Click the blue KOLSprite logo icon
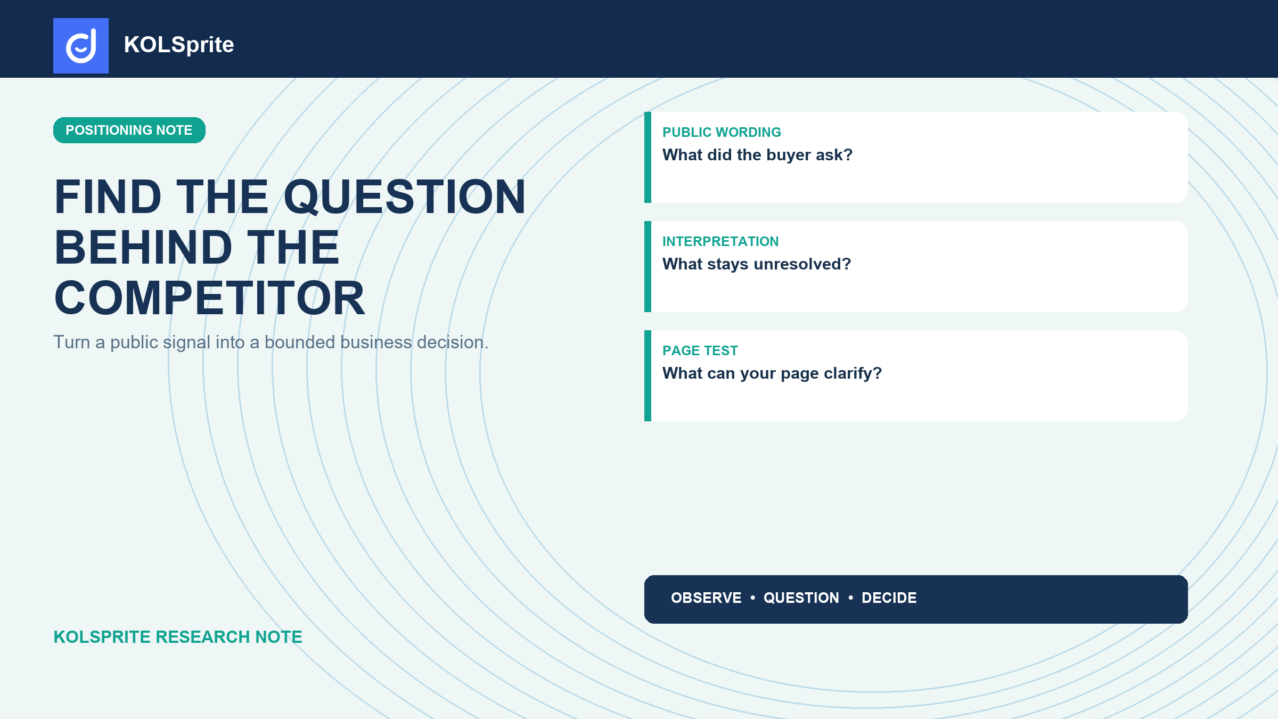(81, 46)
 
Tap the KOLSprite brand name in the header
(179, 45)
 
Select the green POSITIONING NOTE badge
(129, 130)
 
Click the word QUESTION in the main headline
(405, 197)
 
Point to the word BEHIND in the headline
(144, 247)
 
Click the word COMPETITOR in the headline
(210, 298)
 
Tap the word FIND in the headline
(108, 197)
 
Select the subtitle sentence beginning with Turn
(271, 342)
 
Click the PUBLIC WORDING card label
(722, 132)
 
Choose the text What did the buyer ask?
(757, 155)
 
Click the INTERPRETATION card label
(720, 241)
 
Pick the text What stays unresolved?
(757, 264)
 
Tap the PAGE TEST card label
(700, 350)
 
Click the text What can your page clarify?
(772, 373)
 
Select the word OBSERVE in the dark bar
(706, 598)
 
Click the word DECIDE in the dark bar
(889, 598)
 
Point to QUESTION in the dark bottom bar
(801, 598)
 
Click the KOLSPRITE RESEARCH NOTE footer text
(178, 637)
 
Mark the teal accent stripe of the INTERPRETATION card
(648, 266)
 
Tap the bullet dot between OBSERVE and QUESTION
(752, 598)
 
